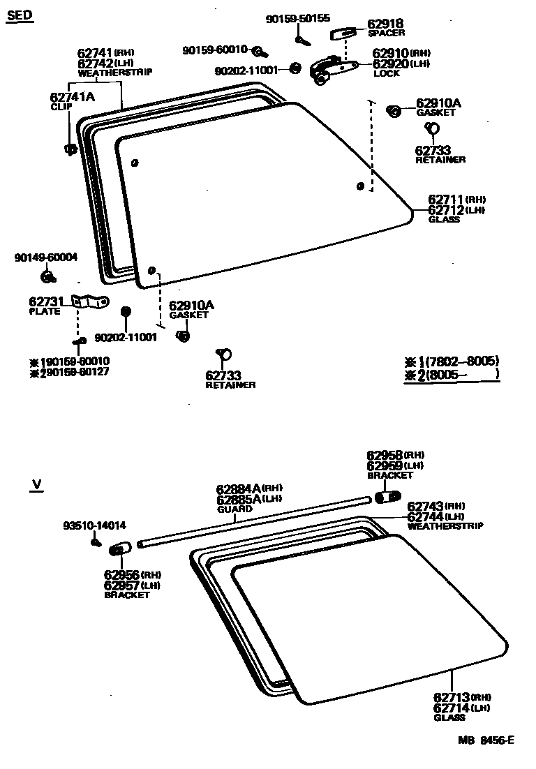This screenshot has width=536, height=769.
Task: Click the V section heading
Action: click(x=36, y=483)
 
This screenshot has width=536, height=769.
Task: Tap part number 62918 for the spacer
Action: click(x=385, y=24)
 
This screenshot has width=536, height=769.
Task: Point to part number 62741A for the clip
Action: click(x=71, y=98)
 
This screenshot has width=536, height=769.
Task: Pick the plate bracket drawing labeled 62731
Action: click(x=91, y=302)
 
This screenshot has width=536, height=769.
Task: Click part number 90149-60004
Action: click(x=46, y=257)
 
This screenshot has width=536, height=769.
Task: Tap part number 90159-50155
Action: click(x=298, y=19)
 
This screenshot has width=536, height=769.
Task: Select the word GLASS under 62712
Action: click(x=444, y=219)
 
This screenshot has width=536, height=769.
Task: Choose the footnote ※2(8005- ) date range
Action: click(x=453, y=375)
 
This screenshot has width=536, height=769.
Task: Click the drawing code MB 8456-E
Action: click(x=486, y=740)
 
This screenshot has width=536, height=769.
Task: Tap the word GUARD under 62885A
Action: click(x=234, y=509)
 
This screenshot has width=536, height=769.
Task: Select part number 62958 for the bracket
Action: click(x=385, y=455)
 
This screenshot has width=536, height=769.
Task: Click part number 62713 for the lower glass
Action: click(x=452, y=697)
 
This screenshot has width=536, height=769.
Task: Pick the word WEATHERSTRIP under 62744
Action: click(x=445, y=525)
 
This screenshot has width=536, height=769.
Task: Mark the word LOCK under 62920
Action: click(x=386, y=73)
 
